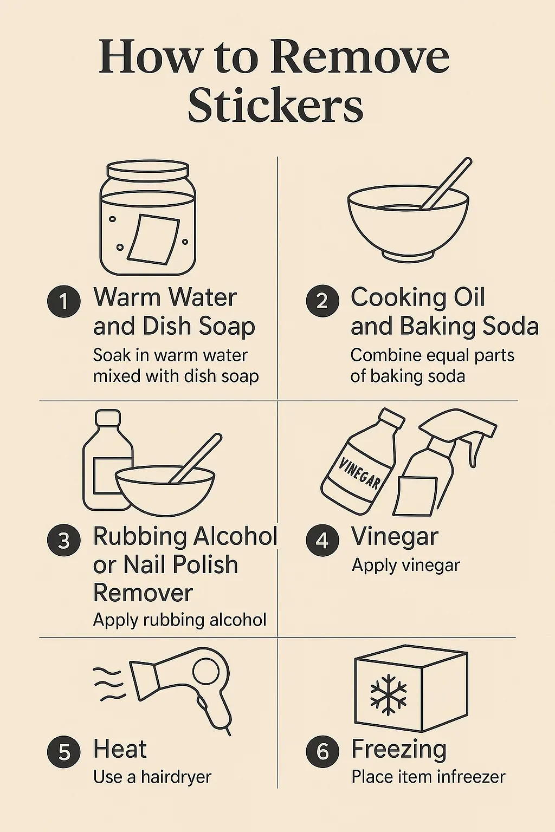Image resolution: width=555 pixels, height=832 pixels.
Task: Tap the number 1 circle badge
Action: (63, 301)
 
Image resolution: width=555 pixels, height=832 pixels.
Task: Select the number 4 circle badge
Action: (322, 540)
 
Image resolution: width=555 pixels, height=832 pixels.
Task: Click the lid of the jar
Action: (147, 170)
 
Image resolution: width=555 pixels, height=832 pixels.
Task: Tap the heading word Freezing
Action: (398, 750)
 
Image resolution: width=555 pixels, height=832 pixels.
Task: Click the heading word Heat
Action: (120, 749)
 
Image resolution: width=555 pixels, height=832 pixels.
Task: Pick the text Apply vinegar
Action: (405, 565)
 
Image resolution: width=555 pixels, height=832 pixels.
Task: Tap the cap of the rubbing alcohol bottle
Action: (108, 418)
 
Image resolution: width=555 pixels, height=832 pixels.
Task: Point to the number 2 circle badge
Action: (322, 301)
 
